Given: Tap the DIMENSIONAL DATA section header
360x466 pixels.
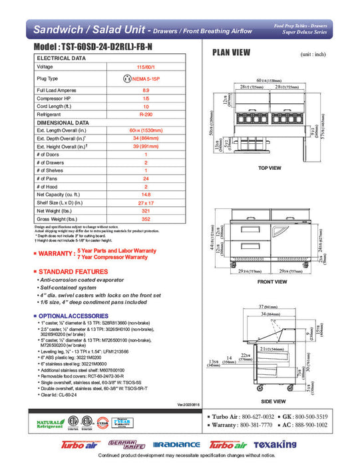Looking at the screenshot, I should click(63, 122).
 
